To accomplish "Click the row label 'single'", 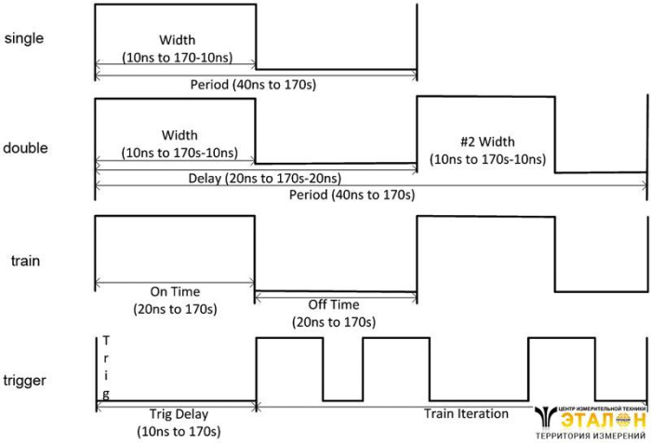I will (x=24, y=39).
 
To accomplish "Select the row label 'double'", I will (x=26, y=149).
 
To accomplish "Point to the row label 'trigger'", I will (x=26, y=380).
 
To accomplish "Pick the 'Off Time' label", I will (x=335, y=304).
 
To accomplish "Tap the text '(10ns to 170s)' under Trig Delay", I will (x=177, y=431).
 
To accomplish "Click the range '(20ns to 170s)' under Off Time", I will (x=335, y=322).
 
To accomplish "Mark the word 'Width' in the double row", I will (x=179, y=135).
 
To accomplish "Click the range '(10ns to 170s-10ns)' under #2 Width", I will (x=487, y=159).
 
